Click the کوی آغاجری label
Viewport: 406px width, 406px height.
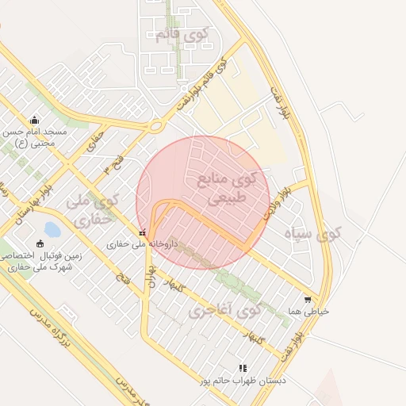[225, 310]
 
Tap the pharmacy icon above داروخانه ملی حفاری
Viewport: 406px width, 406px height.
[142, 233]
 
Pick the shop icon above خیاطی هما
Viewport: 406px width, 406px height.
[308, 300]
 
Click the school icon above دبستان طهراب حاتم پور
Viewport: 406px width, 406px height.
[243, 368]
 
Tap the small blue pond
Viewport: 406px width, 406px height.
[52, 230]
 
